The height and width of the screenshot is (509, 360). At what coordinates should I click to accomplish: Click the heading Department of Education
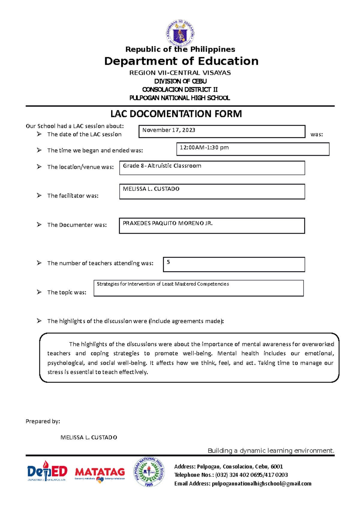coord(181,61)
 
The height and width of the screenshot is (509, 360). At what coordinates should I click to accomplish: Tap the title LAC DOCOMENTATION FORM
coord(176,114)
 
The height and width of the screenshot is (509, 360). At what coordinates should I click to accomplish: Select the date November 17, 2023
coord(169,130)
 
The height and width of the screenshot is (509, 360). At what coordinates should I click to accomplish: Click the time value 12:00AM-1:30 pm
coord(204,147)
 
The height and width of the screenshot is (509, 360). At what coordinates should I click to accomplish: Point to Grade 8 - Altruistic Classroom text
coord(162,166)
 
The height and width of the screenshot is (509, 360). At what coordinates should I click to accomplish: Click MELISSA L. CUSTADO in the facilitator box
coord(151,189)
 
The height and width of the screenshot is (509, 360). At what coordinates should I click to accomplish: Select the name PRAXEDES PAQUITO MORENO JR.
coord(168,223)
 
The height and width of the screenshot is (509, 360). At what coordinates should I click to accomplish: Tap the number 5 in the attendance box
coord(168,262)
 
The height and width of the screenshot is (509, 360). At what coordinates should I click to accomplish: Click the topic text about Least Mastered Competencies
coord(163,284)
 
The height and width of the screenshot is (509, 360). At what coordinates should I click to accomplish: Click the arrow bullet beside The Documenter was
coord(39,225)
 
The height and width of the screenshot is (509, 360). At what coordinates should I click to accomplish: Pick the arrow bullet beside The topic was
coord(39,292)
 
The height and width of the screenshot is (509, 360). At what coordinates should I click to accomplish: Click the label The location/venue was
coord(80,167)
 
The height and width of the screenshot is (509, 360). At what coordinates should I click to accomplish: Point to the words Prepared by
coord(43,421)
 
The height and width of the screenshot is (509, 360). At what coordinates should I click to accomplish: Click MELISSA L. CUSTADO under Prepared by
coord(89,437)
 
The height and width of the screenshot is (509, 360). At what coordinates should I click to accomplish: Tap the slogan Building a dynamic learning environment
coord(271,451)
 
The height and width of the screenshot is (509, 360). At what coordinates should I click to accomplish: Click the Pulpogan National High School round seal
coord(149,472)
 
